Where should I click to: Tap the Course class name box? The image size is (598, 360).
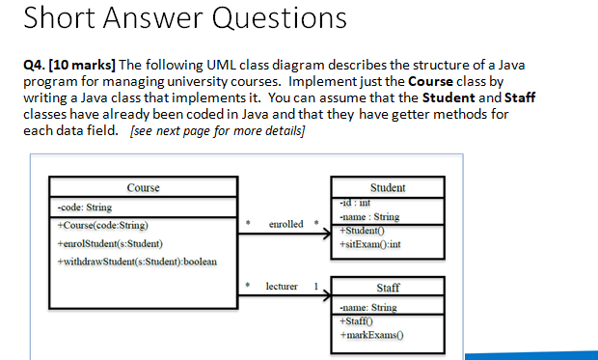(x=143, y=187)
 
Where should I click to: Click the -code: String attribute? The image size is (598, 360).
(x=85, y=207)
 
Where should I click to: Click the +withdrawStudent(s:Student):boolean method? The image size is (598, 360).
(x=138, y=262)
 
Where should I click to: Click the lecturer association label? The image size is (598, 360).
(x=283, y=287)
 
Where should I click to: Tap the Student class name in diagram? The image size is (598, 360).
(x=388, y=187)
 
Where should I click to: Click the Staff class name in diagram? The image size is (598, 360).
(x=388, y=288)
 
